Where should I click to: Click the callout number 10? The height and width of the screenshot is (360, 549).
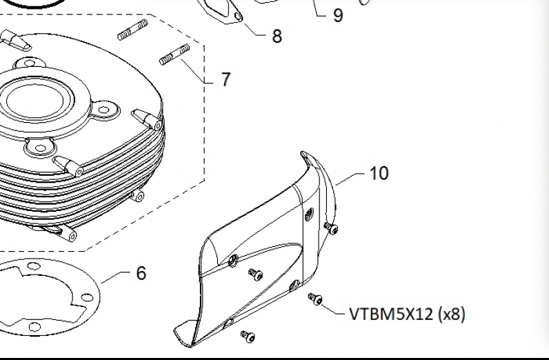pos(379,173)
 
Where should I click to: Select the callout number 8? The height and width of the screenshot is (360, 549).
pos(277,37)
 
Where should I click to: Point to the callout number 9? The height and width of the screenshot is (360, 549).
pos(337,15)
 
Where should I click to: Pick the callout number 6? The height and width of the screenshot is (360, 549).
pos(141,274)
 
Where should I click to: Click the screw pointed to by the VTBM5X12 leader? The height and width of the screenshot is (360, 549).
pos(314,299)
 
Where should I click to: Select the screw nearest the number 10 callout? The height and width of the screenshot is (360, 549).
pos(332,228)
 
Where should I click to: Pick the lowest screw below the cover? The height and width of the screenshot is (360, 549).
pos(247,336)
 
